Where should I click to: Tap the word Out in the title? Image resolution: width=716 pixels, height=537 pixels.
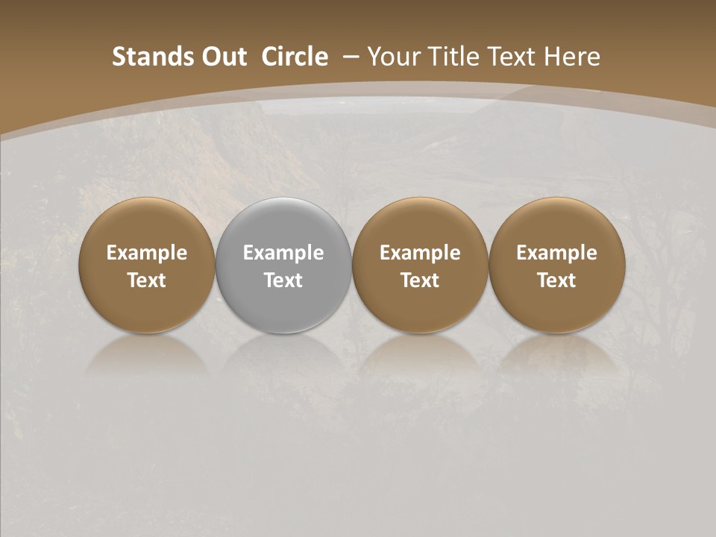(x=222, y=57)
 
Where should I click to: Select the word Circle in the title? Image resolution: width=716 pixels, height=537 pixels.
(x=295, y=57)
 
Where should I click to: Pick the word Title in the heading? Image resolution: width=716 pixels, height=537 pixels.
(x=453, y=57)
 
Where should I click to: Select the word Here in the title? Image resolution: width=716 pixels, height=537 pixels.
(x=574, y=57)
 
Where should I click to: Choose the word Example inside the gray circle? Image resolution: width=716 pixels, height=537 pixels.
(x=283, y=254)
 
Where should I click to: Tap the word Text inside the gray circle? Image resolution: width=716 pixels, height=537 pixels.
(x=283, y=280)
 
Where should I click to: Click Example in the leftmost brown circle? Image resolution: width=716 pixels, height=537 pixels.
(x=147, y=254)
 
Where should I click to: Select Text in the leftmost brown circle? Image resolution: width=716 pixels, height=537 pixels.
(x=147, y=280)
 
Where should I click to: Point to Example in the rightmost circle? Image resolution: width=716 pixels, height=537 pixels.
(x=556, y=254)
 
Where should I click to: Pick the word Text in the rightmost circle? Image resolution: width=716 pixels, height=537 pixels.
(x=556, y=280)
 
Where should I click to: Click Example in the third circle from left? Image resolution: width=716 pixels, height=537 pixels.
(x=420, y=254)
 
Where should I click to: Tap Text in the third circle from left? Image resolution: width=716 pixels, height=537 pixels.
(x=420, y=280)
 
